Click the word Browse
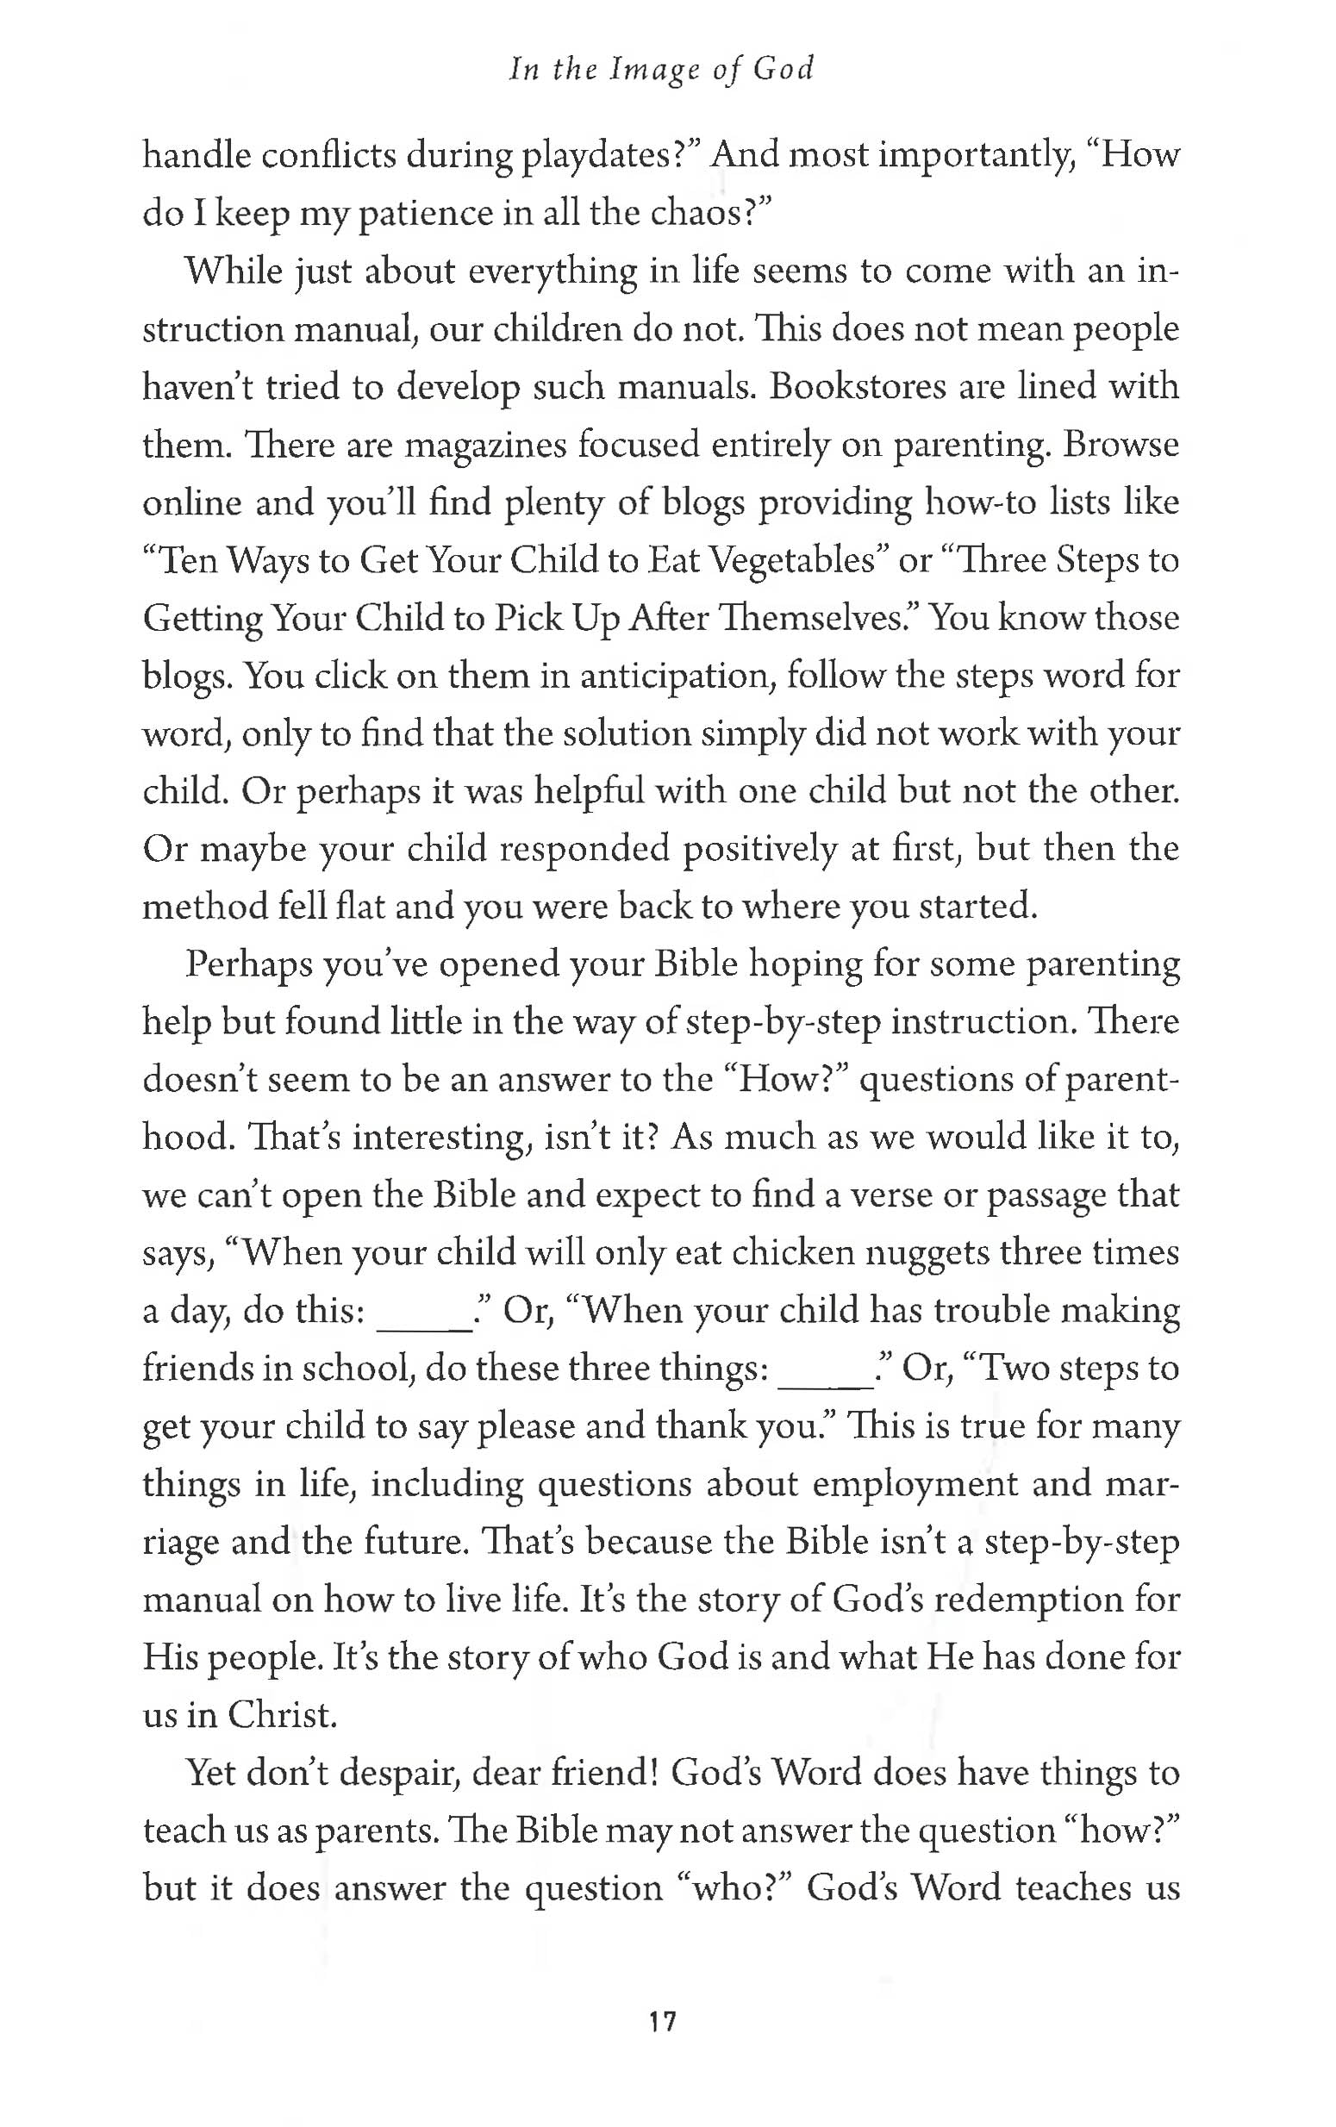[x=1121, y=445]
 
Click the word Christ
[x=283, y=1715]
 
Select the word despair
[x=375, y=1775]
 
